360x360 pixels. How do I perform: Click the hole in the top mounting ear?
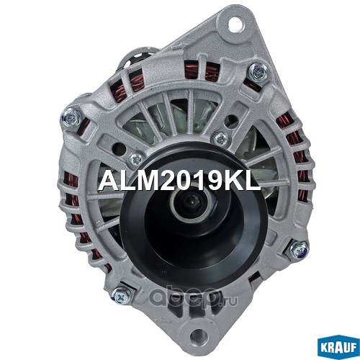tap(236, 24)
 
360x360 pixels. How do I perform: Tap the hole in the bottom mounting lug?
tap(198, 334)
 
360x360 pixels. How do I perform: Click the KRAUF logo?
tap(338, 348)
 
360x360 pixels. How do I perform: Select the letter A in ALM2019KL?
tap(107, 181)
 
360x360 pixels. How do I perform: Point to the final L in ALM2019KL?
tap(252, 181)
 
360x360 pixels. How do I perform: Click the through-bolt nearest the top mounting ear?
tap(258, 70)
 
